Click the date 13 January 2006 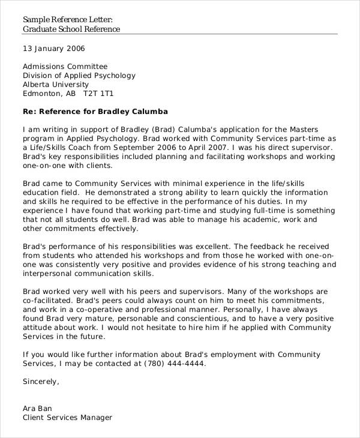53,49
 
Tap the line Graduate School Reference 71,29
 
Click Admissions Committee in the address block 65,67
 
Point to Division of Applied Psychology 79,76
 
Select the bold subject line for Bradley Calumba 95,112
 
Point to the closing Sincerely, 41,381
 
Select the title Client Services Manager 67,417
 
